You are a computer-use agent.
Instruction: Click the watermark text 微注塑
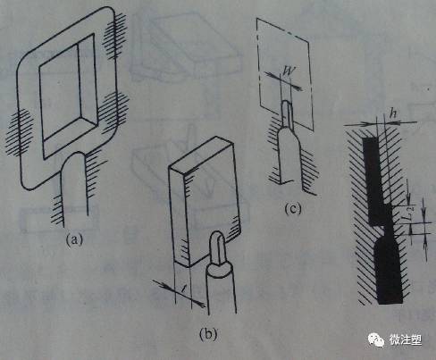[x=406, y=340]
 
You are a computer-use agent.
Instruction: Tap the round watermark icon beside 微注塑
[x=374, y=340]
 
